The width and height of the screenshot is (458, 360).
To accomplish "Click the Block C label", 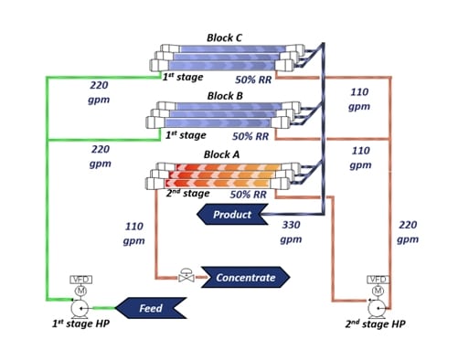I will click(225, 40).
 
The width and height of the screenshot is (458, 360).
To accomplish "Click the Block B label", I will click(225, 95).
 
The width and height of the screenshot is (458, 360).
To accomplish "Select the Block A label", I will click(221, 154).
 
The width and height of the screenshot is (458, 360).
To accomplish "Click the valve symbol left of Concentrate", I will click(186, 275).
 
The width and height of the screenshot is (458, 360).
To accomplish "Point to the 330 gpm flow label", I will click(290, 231).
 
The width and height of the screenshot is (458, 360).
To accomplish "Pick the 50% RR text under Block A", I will click(248, 195).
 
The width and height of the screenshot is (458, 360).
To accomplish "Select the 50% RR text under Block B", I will click(249, 136).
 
